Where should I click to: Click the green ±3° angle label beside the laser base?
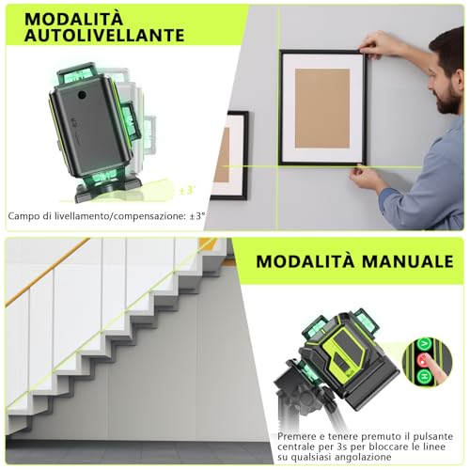(187, 191)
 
